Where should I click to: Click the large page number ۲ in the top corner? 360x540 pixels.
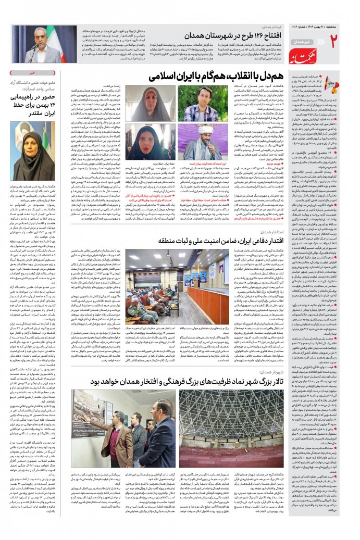coord(334,39)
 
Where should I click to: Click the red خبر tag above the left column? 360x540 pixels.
coord(25,74)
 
